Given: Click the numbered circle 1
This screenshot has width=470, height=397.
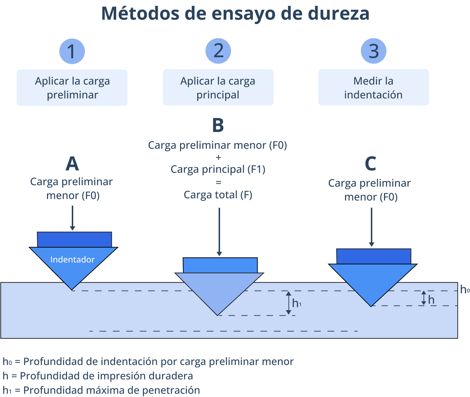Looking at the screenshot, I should click(72, 51).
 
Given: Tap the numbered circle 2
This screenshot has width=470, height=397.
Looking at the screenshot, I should click(218, 51).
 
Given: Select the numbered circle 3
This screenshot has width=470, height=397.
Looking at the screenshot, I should click(373, 51).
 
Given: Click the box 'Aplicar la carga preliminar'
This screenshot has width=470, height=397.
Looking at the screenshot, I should click(72, 88).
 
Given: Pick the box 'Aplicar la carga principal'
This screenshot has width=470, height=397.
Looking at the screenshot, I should click(218, 87).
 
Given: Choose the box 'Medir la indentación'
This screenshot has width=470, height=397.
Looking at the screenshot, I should click(373, 87).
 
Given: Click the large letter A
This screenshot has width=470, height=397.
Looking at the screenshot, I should click(72, 164).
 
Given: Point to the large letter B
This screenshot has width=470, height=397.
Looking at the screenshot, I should click(218, 125).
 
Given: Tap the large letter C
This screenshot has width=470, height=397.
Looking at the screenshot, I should click(370, 164).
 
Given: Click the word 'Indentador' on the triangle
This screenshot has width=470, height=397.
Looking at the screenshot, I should click(73, 260).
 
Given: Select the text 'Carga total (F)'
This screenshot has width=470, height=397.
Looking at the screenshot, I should click(218, 195).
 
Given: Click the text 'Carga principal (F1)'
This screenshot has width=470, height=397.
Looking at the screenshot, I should click(218, 169).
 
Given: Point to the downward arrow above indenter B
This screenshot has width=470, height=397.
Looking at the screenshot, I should click(219, 232).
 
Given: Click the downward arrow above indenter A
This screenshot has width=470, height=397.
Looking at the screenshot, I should click(73, 218).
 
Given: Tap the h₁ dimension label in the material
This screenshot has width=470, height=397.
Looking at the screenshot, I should click(297, 303).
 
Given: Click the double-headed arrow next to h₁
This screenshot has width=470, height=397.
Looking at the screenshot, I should click(289, 303).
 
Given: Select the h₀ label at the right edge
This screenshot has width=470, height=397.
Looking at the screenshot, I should click(465, 290).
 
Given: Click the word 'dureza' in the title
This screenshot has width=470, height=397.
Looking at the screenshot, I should click(339, 13).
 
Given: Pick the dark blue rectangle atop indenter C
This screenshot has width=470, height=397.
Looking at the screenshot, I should click(373, 256).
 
